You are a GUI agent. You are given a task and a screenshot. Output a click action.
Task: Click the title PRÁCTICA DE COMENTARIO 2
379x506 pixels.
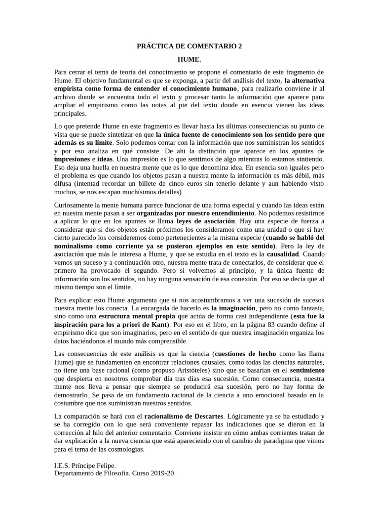[x=189, y=46]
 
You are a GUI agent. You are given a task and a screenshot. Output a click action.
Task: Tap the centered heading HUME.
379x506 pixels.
[x=189, y=59]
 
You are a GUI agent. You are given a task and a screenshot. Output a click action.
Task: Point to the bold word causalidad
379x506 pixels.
[x=284, y=254]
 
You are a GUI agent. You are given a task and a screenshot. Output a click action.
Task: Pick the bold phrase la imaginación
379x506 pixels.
[x=230, y=307]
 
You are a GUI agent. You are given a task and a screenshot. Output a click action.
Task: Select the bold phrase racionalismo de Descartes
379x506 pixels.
[x=184, y=416]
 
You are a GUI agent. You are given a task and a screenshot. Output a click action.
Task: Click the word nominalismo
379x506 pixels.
[x=77, y=246]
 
